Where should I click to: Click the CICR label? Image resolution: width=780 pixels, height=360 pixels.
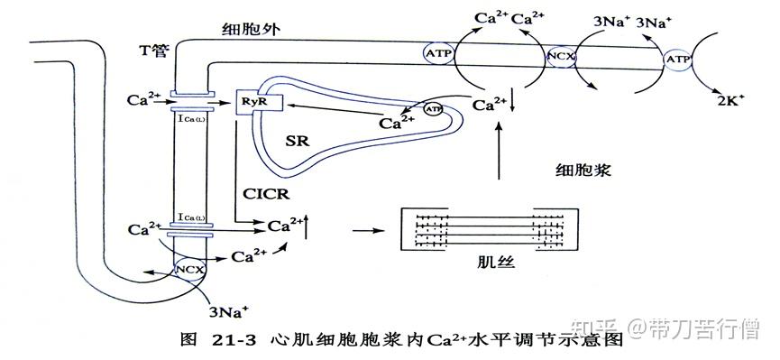266,192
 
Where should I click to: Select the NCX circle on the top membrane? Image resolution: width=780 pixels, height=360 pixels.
560,57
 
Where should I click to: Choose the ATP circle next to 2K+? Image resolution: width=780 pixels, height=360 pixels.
676,60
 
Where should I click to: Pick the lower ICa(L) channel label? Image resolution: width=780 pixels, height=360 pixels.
190,217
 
